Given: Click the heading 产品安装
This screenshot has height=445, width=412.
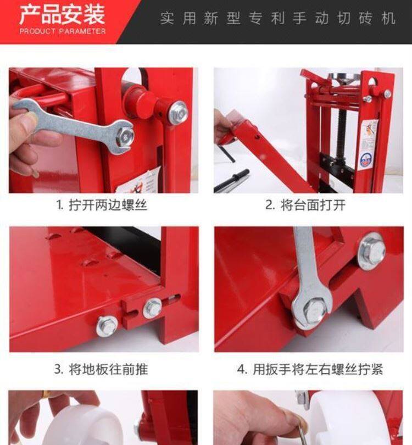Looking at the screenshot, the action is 62,15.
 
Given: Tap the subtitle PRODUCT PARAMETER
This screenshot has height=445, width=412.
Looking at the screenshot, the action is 63,31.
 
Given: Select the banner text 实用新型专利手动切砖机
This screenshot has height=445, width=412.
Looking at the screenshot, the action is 277,19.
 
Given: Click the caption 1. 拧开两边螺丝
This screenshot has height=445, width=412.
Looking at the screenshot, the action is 102,205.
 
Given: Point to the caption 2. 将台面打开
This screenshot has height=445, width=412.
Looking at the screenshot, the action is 305,205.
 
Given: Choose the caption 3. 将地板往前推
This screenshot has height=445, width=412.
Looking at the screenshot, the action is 101,370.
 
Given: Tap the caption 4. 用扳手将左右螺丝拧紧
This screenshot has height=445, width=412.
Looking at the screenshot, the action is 310,370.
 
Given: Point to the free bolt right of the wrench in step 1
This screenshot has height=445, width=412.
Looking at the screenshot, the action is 179,113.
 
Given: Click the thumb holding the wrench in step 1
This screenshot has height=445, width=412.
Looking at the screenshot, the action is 24,121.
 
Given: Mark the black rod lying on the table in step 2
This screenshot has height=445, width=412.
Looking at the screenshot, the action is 231,181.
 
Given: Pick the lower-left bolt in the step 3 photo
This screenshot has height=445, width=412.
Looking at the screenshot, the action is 107,326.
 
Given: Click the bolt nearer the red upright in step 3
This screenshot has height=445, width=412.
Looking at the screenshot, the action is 152,308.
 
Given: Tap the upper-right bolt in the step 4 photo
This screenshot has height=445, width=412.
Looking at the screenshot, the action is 371,251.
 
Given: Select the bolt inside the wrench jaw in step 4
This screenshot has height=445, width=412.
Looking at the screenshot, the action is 313,311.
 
